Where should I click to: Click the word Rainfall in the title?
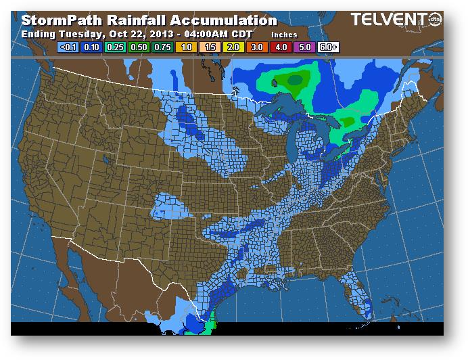(x=139, y=20)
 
